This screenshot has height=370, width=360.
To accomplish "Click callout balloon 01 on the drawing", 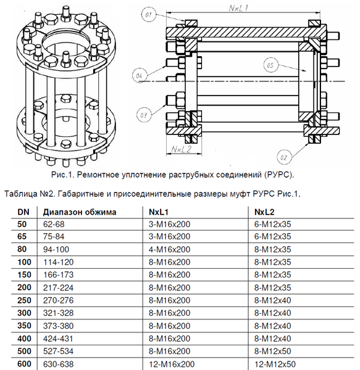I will click(148, 13).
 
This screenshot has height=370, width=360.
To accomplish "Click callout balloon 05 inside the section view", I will click(269, 64).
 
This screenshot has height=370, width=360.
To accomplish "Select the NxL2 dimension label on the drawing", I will click(180, 149).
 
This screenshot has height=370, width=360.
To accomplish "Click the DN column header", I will click(23, 212).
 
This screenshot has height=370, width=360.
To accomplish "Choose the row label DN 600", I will click(23, 364).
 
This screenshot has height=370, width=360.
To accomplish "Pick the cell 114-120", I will click(58, 261).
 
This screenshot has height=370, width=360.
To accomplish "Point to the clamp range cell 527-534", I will click(58, 351).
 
